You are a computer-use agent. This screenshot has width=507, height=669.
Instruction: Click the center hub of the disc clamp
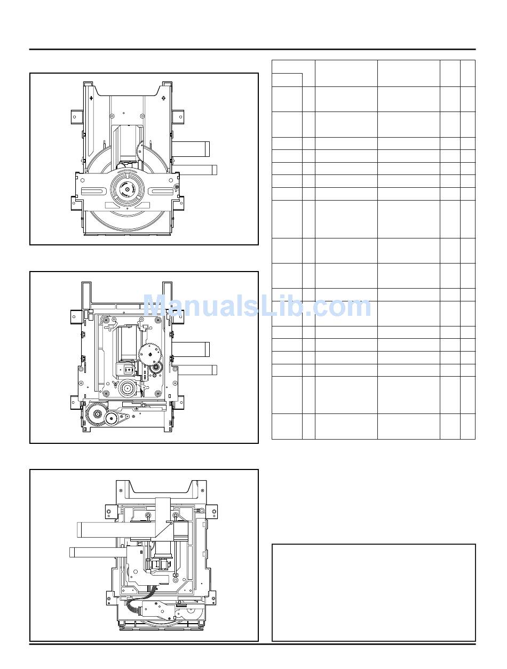pos(127,189)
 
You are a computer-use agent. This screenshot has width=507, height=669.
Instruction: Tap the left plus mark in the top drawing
pos(91,98)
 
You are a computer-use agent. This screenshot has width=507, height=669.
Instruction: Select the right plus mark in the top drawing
pos(163,98)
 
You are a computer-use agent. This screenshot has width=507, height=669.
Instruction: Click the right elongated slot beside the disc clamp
pos(161,192)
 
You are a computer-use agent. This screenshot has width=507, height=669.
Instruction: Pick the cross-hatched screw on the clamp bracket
pos(176,187)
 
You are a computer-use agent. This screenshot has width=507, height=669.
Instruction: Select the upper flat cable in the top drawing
pos(191,149)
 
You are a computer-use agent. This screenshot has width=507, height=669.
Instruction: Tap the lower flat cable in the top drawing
pos(195,170)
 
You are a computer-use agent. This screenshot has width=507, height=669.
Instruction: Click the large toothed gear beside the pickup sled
pos(149,354)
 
